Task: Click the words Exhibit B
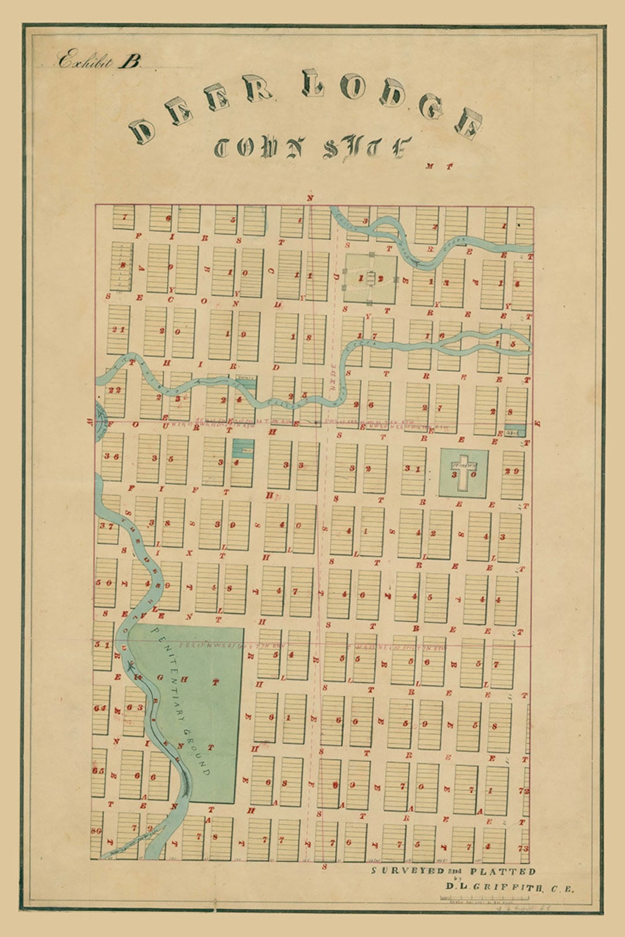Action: pos(99,61)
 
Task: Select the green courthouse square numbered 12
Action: pos(370,279)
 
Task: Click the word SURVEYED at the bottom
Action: pos(407,870)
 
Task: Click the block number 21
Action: pos(119,330)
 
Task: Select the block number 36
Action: pos(112,456)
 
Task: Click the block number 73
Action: pos(524,848)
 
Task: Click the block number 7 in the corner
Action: pos(124,217)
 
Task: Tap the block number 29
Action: pos(512,471)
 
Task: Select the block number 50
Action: pos(104,582)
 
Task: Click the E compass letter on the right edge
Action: pos(538,423)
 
